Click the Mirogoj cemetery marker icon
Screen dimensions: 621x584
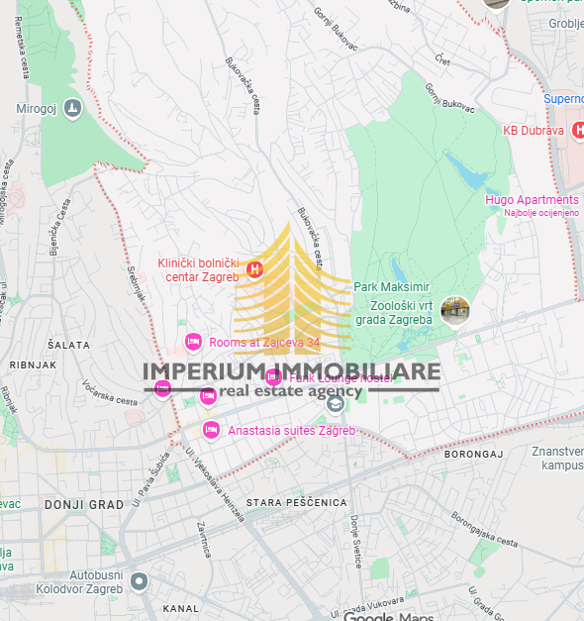(71, 109)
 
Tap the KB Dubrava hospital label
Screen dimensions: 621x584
(533, 130)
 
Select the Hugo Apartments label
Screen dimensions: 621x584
(532, 199)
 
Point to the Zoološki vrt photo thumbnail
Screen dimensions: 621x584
(455, 310)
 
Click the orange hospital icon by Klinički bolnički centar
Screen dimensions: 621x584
(254, 269)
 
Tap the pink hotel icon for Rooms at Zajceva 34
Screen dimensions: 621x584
(193, 343)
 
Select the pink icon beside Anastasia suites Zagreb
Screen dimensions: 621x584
(210, 430)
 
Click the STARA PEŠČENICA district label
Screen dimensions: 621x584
(298, 503)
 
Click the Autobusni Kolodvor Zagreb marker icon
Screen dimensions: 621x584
(140, 581)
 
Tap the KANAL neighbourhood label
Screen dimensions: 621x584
(180, 608)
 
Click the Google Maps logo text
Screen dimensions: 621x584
(388, 617)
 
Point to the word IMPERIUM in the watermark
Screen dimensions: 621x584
(202, 372)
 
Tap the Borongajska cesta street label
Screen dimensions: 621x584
(484, 529)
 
